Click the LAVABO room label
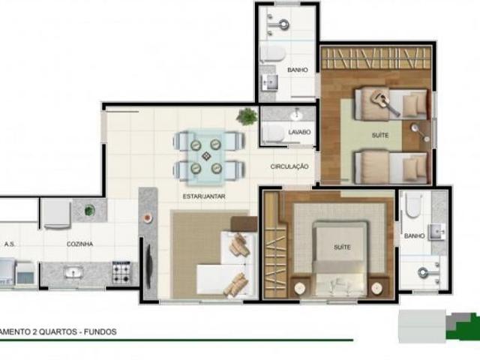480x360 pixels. (x=298, y=132)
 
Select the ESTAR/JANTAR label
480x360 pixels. (x=204, y=196)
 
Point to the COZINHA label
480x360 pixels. (x=79, y=244)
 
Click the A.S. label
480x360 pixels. (x=10, y=244)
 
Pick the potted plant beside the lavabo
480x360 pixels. (x=247, y=116)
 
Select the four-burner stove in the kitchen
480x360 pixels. (x=121, y=271)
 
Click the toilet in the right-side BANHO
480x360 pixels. (x=413, y=204)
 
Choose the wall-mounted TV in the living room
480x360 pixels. (x=146, y=262)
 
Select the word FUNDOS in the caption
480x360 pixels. (x=100, y=331)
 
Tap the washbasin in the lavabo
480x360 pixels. (x=297, y=115)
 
